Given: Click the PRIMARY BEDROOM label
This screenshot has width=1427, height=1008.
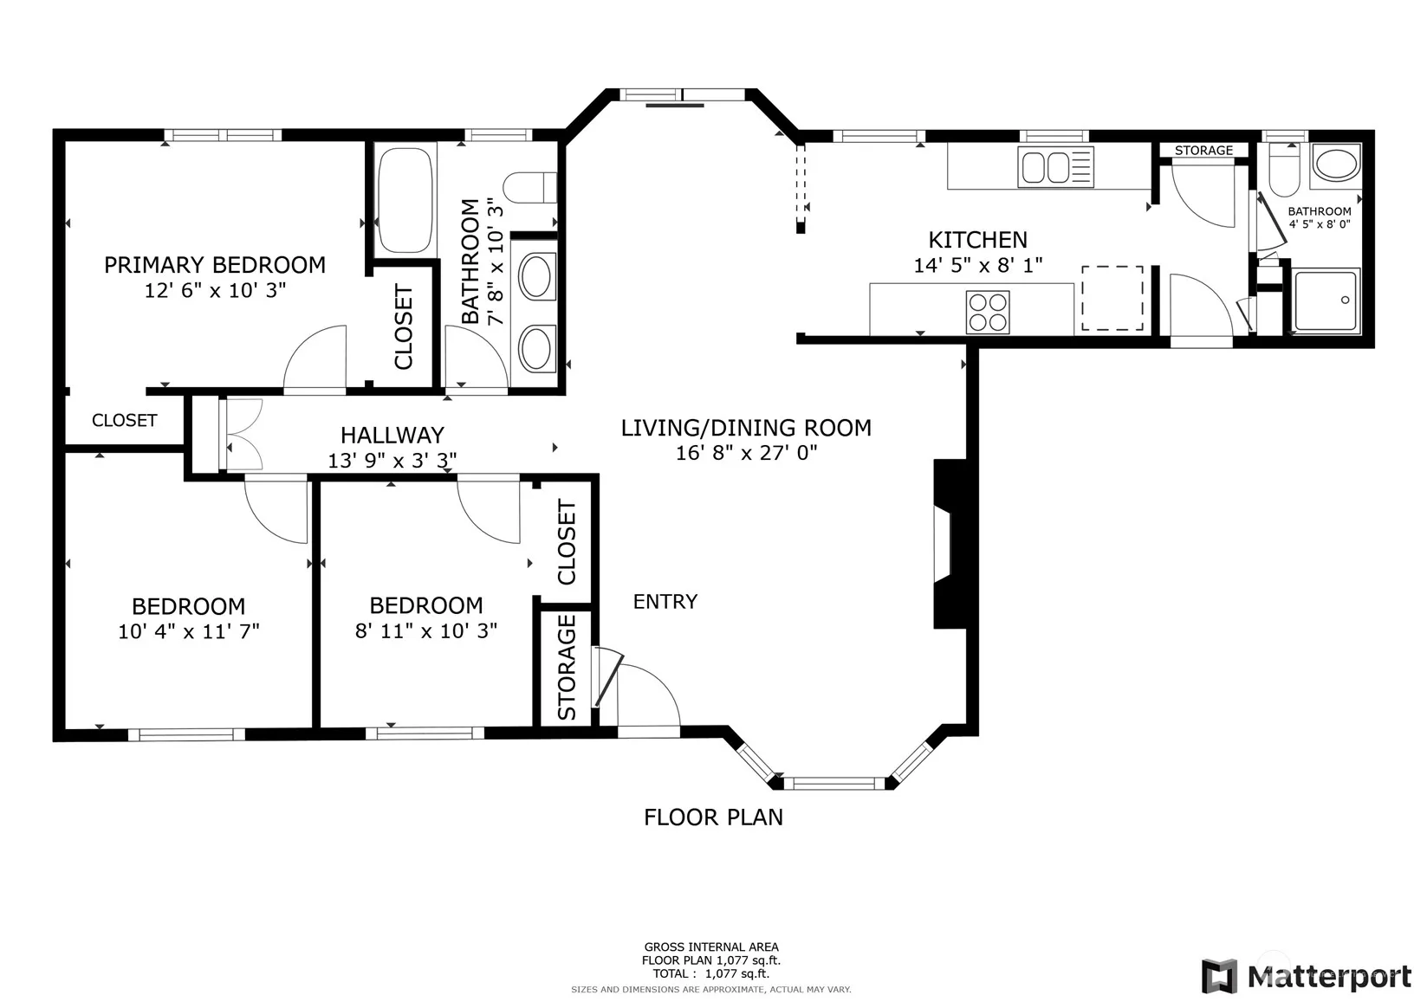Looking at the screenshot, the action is tap(215, 265).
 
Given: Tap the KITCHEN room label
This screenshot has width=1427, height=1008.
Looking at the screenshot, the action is tap(978, 240).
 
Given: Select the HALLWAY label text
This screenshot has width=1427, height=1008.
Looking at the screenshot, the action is tap(392, 436).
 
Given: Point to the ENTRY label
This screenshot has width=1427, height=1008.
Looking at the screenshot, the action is tap(665, 602).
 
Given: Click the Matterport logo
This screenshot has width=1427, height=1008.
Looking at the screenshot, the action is tap(1307, 976).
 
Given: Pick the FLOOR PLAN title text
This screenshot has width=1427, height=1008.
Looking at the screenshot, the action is tap(714, 817).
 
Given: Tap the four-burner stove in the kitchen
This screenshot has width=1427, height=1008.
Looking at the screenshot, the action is tap(988, 312).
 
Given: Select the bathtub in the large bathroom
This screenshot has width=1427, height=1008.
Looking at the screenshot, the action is tap(405, 200).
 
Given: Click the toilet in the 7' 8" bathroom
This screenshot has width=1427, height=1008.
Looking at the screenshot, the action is tap(530, 188).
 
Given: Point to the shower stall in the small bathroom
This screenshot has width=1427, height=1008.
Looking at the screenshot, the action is tap(1326, 300).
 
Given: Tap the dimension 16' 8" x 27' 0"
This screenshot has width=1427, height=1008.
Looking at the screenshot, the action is tap(746, 453).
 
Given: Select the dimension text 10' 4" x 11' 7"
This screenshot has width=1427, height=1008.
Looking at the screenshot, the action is tap(189, 631).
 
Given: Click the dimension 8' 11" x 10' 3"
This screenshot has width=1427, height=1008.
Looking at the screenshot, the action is tap(426, 631).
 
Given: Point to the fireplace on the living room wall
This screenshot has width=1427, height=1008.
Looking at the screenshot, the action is tap(950, 544).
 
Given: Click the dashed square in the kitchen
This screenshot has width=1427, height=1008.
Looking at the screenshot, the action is tap(1112, 298).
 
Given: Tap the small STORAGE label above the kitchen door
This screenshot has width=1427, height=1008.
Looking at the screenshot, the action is tap(1204, 151).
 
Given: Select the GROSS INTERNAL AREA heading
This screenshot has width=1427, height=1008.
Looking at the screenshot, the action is tap(711, 947).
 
